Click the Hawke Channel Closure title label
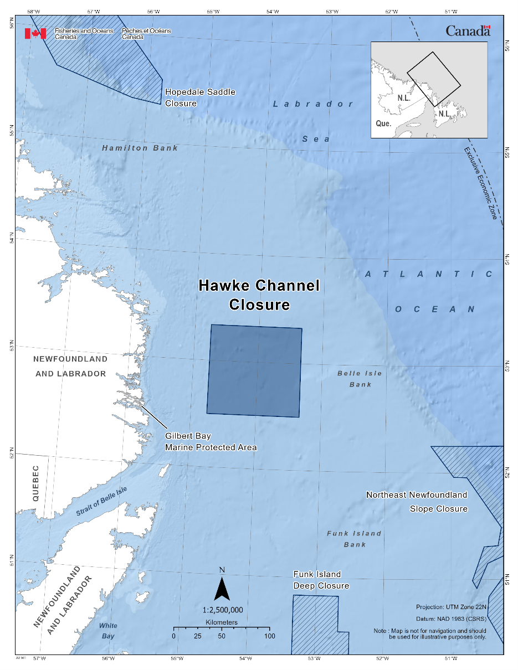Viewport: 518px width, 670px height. pyautogui.click(x=259, y=295)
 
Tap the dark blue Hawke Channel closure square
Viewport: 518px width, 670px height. pyautogui.click(x=254, y=370)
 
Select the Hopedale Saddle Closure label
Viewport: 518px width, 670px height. pyautogui.click(x=200, y=97)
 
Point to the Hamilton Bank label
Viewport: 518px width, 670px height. pyautogui.click(x=140, y=148)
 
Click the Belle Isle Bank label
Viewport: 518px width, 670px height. pyautogui.click(x=360, y=379)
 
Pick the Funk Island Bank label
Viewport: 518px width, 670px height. pyautogui.click(x=355, y=539)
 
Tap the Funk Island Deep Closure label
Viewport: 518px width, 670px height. pyautogui.click(x=321, y=580)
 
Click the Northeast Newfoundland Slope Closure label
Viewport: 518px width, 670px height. pyautogui.click(x=417, y=502)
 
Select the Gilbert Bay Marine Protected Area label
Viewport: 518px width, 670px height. pyautogui.click(x=211, y=441)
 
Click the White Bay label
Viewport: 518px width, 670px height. pyautogui.click(x=108, y=631)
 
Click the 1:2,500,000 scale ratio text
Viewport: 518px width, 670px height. pyautogui.click(x=223, y=610)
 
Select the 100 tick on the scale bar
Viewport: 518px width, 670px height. pyautogui.click(x=269, y=636)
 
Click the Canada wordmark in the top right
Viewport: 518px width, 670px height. pyautogui.click(x=468, y=31)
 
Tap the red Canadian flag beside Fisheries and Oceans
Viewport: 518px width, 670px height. pyautogui.click(x=35, y=34)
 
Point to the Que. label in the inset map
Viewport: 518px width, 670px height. pyautogui.click(x=383, y=123)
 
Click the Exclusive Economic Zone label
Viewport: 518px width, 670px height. pyautogui.click(x=480, y=183)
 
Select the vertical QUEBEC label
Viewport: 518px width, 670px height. pyautogui.click(x=35, y=483)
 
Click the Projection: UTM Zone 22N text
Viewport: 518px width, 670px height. pyautogui.click(x=450, y=607)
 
